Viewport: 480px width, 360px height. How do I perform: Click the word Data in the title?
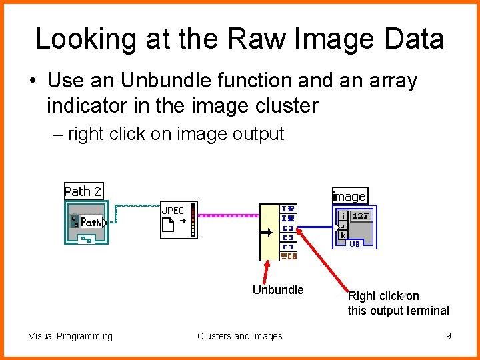coord(413,39)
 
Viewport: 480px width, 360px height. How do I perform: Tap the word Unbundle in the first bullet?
coord(157,81)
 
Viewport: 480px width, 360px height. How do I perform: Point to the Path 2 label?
coord(83,191)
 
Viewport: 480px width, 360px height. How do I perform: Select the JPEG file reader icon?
coord(179,219)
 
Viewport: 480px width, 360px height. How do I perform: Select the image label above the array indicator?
coord(349,196)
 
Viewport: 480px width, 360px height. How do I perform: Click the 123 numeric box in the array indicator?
coord(361,216)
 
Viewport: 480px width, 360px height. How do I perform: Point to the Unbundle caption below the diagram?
coord(278,290)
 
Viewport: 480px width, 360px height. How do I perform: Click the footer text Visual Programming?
coord(71,336)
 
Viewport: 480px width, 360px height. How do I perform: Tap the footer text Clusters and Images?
coord(239,336)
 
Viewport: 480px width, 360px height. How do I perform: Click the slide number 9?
coord(449,336)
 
